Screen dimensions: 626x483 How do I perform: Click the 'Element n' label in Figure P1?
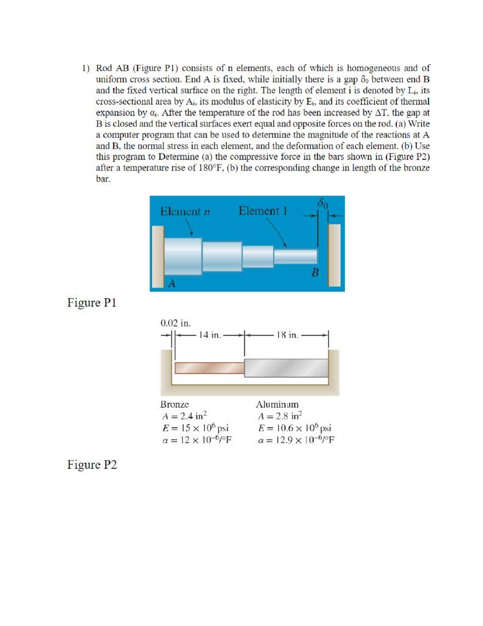click(x=185, y=212)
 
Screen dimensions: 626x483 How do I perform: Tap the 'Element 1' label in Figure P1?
click(x=263, y=212)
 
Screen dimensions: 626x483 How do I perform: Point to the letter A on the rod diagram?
click(x=172, y=284)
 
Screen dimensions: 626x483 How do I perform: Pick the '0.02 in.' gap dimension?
click(x=175, y=322)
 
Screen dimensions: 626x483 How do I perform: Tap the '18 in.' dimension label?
click(x=286, y=335)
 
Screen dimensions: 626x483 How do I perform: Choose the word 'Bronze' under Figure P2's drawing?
click(x=175, y=405)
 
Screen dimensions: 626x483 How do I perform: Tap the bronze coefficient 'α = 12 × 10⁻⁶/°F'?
click(x=198, y=440)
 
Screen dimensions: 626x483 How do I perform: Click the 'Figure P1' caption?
click(x=92, y=303)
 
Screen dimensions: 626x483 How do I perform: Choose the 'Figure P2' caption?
click(x=92, y=465)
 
